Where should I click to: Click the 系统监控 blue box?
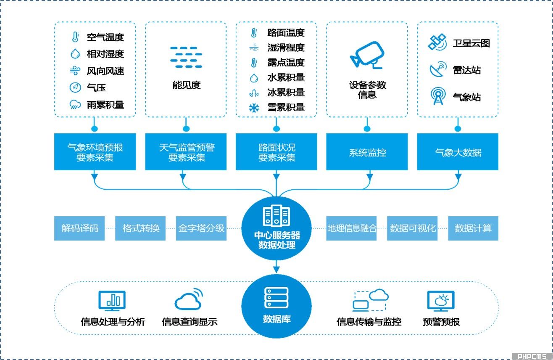click(x=367, y=152)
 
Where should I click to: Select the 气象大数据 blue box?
click(x=458, y=152)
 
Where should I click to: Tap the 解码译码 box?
click(x=79, y=228)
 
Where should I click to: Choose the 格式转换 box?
click(x=140, y=228)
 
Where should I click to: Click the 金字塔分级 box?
click(x=201, y=228)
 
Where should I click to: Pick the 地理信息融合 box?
click(x=351, y=228)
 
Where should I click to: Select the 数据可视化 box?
click(x=412, y=228)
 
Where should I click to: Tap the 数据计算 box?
click(x=473, y=228)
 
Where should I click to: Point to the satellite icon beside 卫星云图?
click(x=437, y=43)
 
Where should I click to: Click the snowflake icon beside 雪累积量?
click(x=254, y=108)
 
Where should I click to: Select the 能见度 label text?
click(x=186, y=85)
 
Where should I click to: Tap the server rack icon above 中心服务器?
click(x=276, y=217)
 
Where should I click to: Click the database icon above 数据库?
click(x=276, y=298)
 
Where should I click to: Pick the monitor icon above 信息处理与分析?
click(x=112, y=300)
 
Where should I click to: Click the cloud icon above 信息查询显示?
click(x=188, y=299)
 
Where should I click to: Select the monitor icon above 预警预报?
click(x=440, y=301)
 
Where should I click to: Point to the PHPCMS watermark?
click(x=532, y=356)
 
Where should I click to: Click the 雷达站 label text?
click(x=466, y=70)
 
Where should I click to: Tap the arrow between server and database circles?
click(x=276, y=266)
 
